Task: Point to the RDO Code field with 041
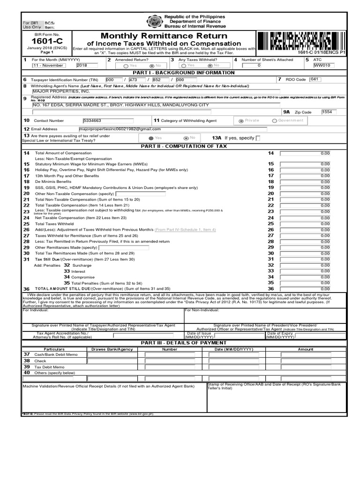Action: point(315,80)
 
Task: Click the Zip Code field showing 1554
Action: point(329,112)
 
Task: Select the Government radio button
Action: point(275,121)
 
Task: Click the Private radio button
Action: point(241,121)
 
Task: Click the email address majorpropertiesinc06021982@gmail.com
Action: point(120,129)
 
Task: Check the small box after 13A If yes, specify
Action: point(258,138)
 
